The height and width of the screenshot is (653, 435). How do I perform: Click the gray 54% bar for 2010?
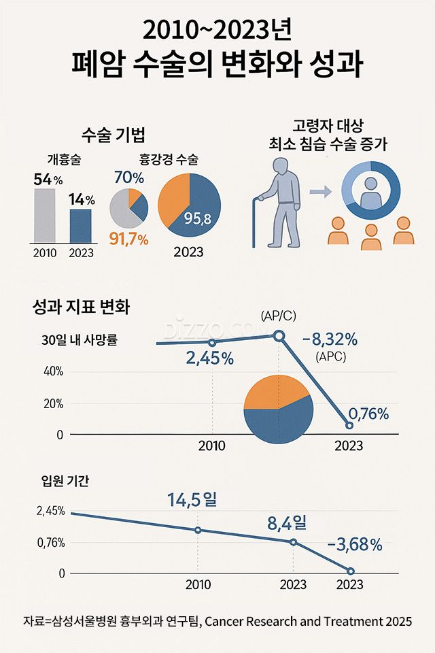(45, 215)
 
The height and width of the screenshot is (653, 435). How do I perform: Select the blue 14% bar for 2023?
(81, 225)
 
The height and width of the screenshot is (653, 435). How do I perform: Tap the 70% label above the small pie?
(129, 179)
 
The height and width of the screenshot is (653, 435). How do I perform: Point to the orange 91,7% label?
(130, 239)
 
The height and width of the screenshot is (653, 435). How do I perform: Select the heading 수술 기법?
(113, 134)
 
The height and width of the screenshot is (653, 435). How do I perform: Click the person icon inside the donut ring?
(371, 192)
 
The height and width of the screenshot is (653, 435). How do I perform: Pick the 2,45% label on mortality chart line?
(209, 358)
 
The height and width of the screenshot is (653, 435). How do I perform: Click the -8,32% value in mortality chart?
(330, 339)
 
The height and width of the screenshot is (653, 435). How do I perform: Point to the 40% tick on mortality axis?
(53, 371)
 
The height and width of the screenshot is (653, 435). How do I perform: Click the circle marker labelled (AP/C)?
(279, 335)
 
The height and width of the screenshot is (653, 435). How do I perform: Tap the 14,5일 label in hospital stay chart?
(192, 500)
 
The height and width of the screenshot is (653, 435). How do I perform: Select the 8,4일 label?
(287, 523)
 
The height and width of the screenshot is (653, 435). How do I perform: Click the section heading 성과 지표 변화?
(81, 307)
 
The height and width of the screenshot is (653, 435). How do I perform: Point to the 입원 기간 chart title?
(65, 481)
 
